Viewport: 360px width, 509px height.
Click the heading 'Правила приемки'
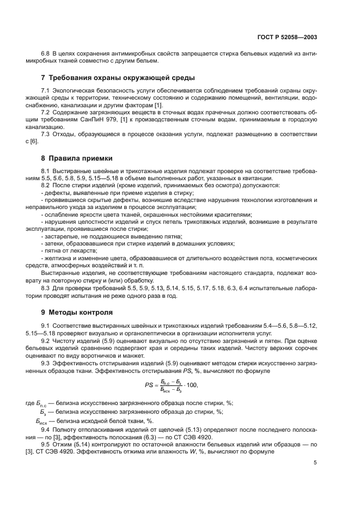(80, 158)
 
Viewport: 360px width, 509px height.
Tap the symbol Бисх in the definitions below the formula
(42, 421)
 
